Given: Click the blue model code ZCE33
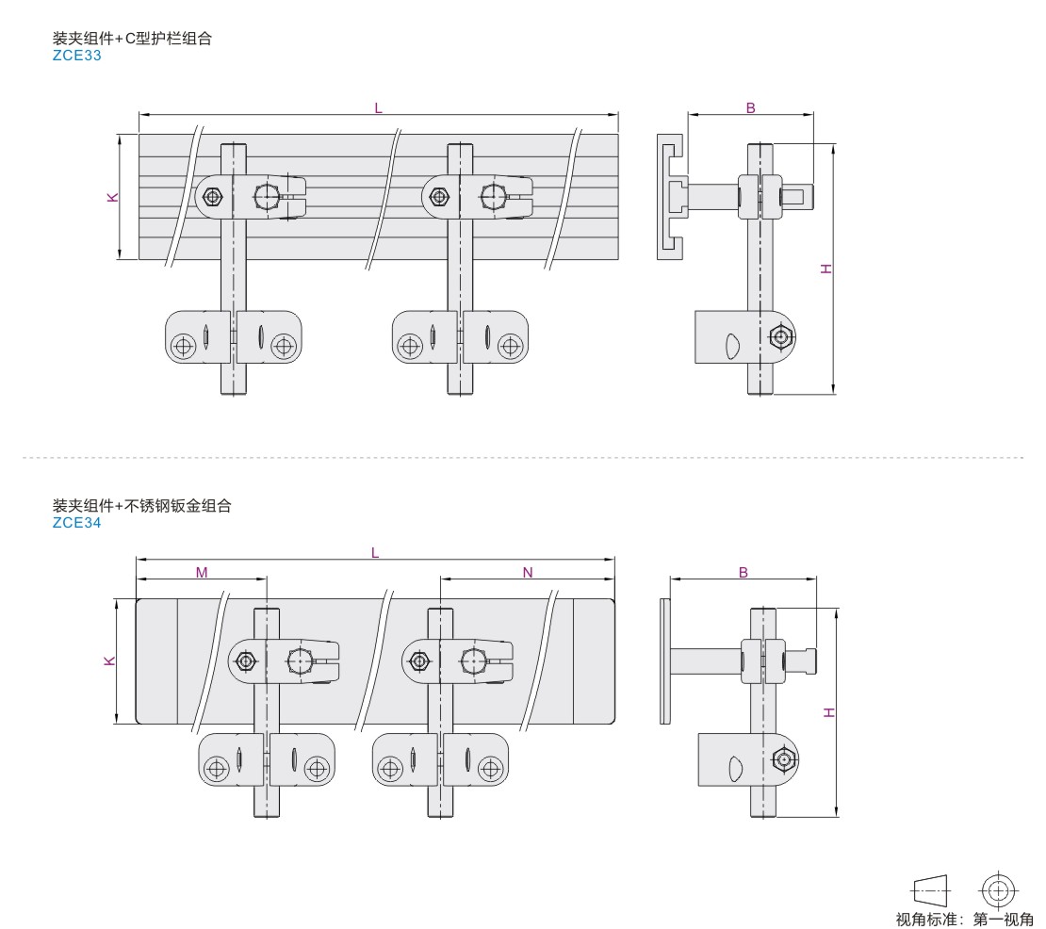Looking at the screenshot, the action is click(76, 56).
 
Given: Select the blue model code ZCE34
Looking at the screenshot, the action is click(76, 523).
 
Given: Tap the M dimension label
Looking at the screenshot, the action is click(202, 572).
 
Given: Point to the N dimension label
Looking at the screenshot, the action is click(528, 572).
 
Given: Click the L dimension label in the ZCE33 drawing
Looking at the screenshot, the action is click(378, 108).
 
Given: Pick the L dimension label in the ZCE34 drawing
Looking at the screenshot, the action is click(375, 553).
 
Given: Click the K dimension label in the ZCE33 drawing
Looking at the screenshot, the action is click(113, 198).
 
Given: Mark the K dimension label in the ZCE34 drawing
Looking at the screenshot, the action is click(110, 660).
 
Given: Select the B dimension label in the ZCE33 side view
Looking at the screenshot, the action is click(750, 108).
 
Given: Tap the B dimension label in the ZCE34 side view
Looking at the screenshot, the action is click(744, 572).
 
